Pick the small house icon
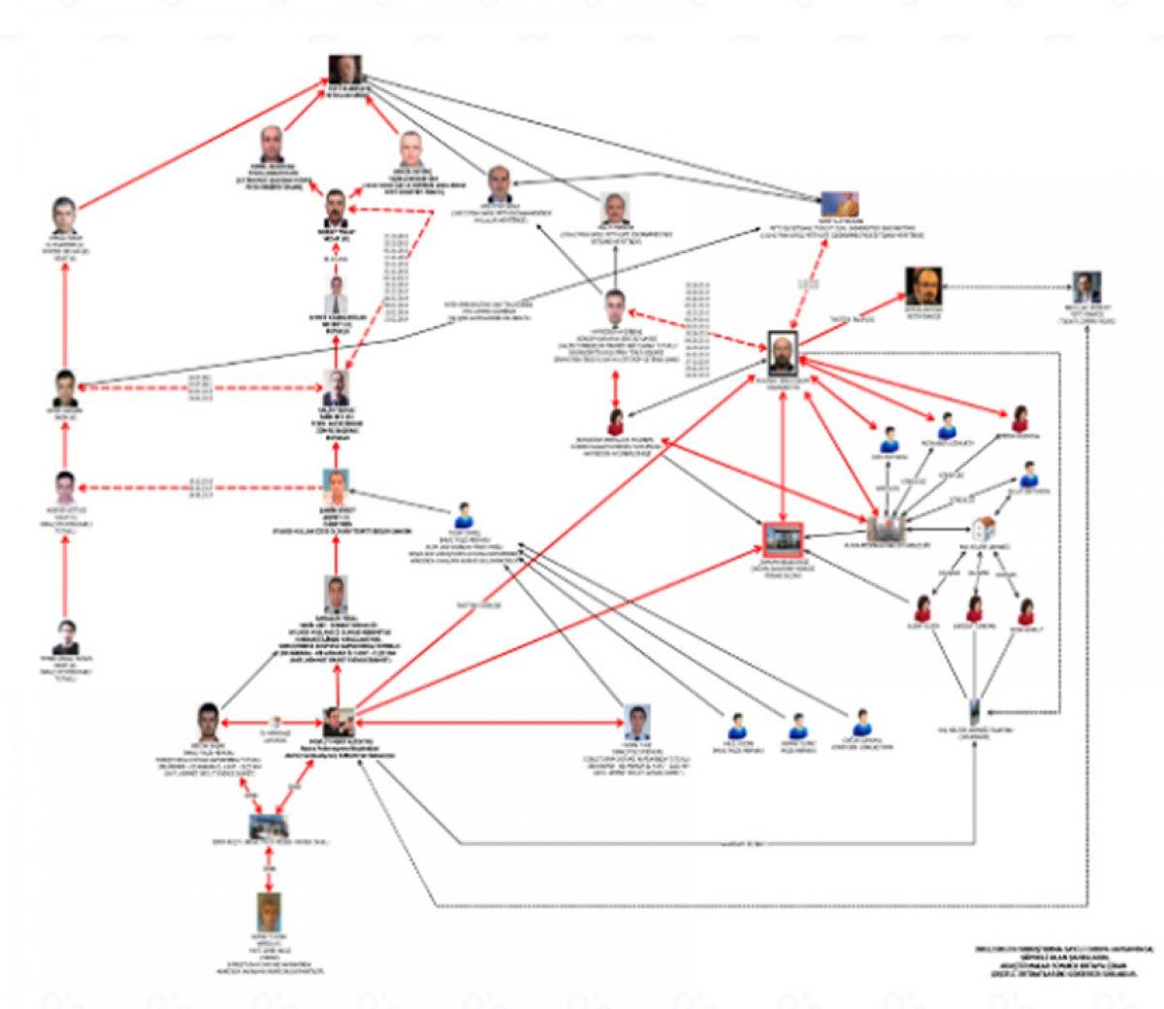tap(985, 527)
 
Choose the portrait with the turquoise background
tap(335, 483)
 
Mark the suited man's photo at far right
tap(1084, 285)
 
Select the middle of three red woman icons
tap(973, 609)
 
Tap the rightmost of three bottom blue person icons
tap(858, 723)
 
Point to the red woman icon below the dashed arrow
tap(615, 421)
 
